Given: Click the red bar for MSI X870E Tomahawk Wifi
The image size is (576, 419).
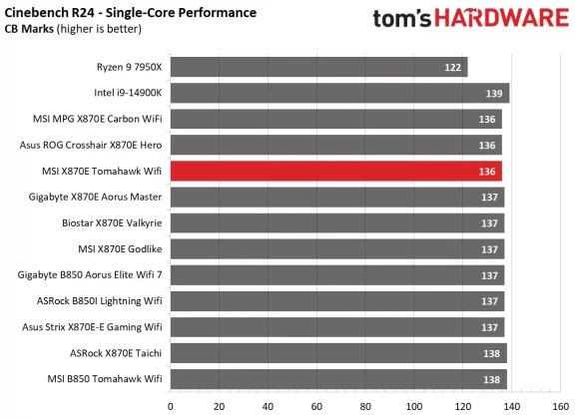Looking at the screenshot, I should point(336,171).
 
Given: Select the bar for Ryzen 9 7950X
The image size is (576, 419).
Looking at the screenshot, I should point(319,67).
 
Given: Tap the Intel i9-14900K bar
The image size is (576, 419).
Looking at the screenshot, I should point(339,93).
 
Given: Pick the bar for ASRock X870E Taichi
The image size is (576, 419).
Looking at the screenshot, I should point(338,352).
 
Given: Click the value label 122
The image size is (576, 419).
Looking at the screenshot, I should point(453,67).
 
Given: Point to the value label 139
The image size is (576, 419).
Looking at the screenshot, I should point(494,93).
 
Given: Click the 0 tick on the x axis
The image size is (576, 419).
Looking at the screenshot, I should point(171,406).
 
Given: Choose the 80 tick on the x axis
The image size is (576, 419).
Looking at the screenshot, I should point(365,406).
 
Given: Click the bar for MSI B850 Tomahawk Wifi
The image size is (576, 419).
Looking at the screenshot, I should point(338,378).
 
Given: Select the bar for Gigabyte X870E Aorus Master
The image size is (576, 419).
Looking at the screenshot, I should point(337,197).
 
